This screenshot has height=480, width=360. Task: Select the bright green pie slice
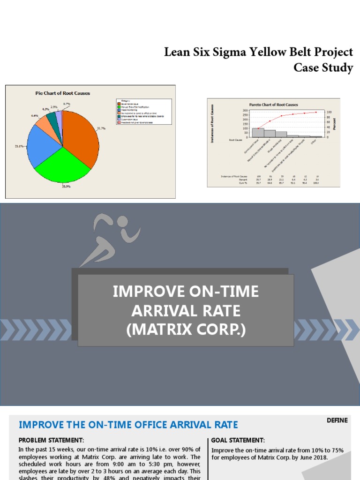pyautogui.click(x=61, y=166)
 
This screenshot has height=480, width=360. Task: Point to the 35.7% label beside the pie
pyautogui.click(x=101, y=128)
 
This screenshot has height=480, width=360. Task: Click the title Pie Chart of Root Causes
pyautogui.click(x=63, y=93)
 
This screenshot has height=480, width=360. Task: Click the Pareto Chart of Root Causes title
pyautogui.click(x=273, y=105)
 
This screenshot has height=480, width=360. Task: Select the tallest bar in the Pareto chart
pyautogui.click(x=258, y=132)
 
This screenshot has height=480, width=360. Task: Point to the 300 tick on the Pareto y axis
pyautogui.click(x=245, y=110)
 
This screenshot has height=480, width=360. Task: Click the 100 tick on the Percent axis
pyautogui.click(x=329, y=112)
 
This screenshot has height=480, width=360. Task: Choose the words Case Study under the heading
pyautogui.click(x=323, y=67)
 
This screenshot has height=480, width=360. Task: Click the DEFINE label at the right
pyautogui.click(x=337, y=420)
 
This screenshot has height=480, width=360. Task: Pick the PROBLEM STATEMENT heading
pyautogui.click(x=51, y=440)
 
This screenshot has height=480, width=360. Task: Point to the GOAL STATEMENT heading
pyautogui.click(x=238, y=440)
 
